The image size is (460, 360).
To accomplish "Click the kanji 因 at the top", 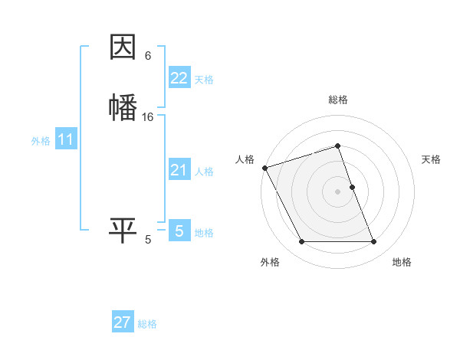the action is (x=123, y=48).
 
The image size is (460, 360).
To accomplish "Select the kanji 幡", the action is (x=123, y=106).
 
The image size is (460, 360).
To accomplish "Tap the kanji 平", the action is (x=123, y=230).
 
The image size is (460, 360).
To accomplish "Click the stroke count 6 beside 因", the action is (x=148, y=56).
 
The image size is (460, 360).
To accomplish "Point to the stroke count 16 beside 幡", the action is (x=148, y=117).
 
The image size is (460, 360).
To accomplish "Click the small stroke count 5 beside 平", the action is (x=148, y=241).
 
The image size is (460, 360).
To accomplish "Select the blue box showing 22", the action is (x=179, y=78).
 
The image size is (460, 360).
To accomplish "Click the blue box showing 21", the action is (x=179, y=170).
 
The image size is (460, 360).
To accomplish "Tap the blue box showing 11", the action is (x=66, y=139).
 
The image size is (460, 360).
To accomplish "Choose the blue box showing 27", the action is (x=123, y=322).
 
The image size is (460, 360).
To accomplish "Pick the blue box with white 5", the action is (x=179, y=231).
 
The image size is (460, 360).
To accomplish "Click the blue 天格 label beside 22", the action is (x=204, y=80).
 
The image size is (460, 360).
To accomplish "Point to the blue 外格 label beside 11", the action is (x=41, y=141).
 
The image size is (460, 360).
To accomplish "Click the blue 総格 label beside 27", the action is (x=147, y=324).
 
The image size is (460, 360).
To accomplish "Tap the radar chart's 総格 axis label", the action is (x=338, y=100).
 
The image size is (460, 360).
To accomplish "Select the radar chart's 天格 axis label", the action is (x=432, y=159).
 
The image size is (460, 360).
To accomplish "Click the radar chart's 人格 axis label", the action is (x=245, y=159).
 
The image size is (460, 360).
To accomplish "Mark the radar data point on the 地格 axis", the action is (x=374, y=242).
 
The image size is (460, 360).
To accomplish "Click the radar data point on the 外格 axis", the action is (x=301, y=242).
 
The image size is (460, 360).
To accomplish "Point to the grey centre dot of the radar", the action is (x=338, y=191).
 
